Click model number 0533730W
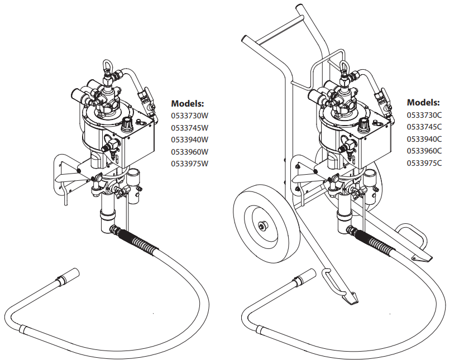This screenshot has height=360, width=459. pyautogui.click(x=189, y=116)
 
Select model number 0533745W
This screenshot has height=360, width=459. pyautogui.click(x=189, y=128)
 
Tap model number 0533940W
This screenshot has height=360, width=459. pyautogui.click(x=189, y=140)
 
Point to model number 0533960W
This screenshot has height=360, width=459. pyautogui.click(x=189, y=151)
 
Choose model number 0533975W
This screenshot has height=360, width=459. pyautogui.click(x=189, y=163)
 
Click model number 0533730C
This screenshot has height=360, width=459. pyautogui.click(x=424, y=115)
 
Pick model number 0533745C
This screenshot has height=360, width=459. pyautogui.click(x=424, y=127)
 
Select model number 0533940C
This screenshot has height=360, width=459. pyautogui.click(x=424, y=138)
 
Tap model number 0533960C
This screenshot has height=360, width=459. pyautogui.click(x=424, y=151)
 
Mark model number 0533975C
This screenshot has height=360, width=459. pyautogui.click(x=424, y=162)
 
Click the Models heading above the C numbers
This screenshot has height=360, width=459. pyautogui.click(x=423, y=103)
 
